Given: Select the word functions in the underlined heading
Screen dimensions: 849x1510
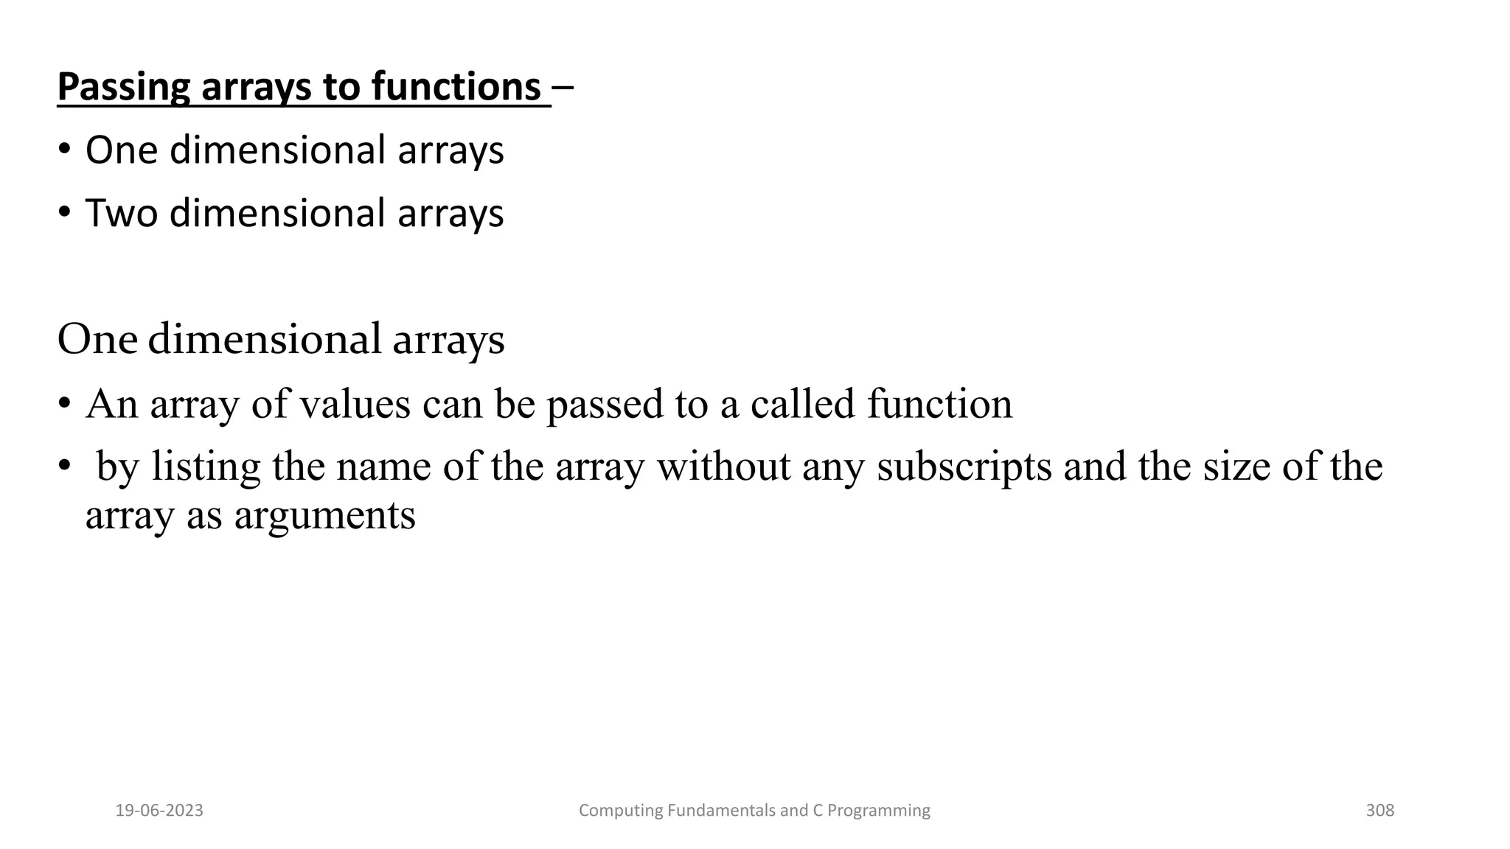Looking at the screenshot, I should click(x=456, y=86).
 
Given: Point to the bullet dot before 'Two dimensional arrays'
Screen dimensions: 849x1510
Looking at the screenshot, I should click(x=65, y=213).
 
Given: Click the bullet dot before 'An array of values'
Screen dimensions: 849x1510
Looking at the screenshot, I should click(x=65, y=405).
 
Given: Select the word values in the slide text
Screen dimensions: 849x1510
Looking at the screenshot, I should click(x=354, y=405).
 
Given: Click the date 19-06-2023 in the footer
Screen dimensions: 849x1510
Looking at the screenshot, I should click(x=159, y=811).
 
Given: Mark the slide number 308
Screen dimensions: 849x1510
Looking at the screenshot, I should click(x=1379, y=811).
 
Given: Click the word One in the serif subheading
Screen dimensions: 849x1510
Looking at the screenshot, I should click(x=97, y=340).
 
